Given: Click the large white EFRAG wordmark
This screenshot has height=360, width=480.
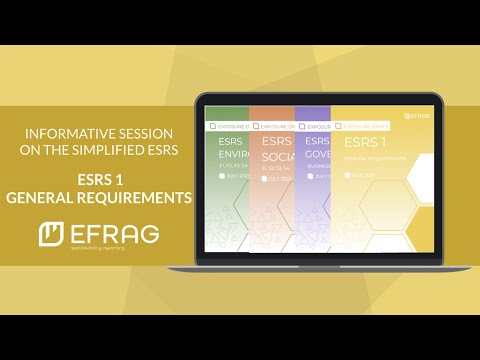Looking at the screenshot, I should (x=115, y=234).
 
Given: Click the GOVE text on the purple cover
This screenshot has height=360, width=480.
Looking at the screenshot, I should (x=318, y=156).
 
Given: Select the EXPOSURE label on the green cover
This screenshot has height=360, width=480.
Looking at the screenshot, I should (x=229, y=127).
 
